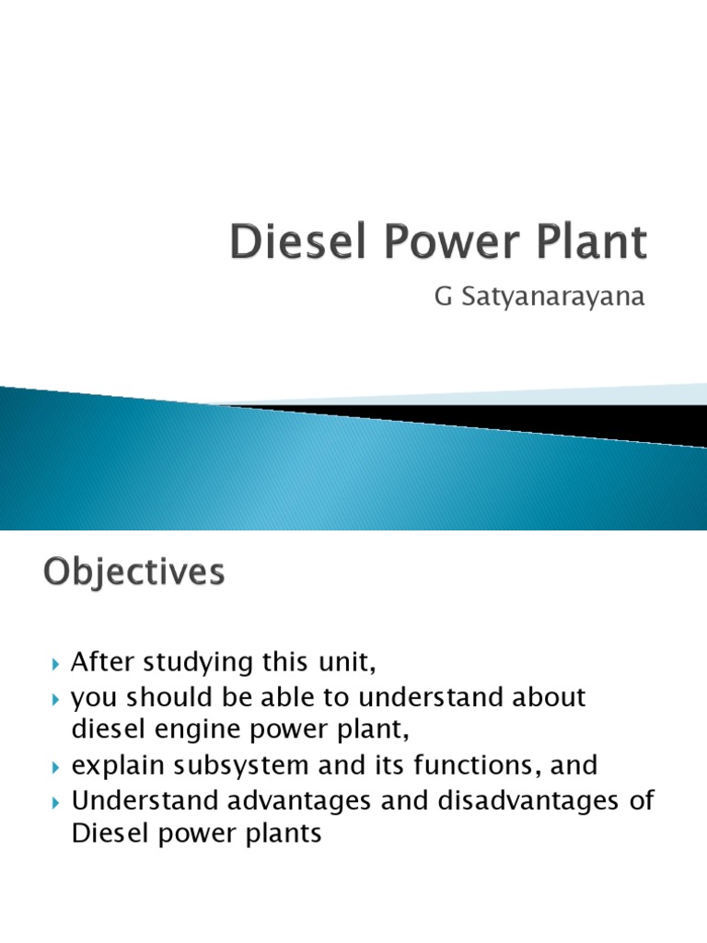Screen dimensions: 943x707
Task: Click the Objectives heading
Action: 133,573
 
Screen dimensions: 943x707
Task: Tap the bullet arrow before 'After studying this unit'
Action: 54,663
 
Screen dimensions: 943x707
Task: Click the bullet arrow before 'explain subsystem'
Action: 54,766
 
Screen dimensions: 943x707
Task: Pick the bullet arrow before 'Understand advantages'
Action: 54,801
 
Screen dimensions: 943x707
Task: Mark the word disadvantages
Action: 514,799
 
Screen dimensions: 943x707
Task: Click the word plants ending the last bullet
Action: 280,834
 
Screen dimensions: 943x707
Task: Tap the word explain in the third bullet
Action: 114,765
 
